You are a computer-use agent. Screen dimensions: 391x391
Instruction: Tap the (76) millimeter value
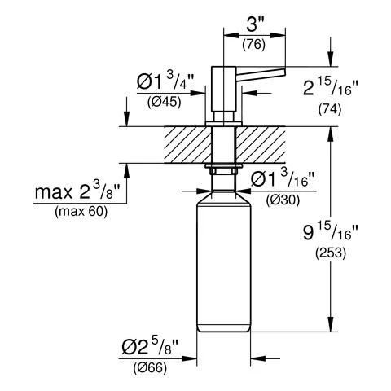[253, 44]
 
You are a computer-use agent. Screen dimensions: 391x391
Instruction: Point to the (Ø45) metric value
[164, 102]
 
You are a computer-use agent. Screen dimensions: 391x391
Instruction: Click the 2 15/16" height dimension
[330, 86]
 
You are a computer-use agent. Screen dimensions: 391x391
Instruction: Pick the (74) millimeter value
[329, 109]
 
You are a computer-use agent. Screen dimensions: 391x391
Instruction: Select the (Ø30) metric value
[283, 200]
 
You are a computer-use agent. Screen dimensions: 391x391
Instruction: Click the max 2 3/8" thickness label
[77, 191]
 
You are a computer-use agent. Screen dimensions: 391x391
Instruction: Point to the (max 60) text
[81, 212]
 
